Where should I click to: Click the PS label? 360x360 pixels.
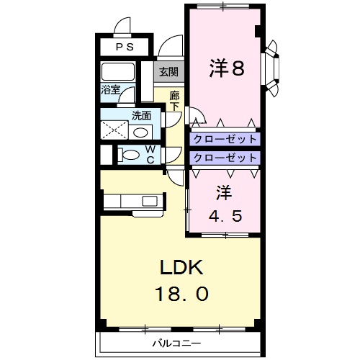(125, 47)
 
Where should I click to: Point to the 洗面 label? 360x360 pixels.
(141, 115)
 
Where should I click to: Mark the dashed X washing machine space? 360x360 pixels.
(114, 130)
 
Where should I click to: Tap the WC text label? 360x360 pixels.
(150, 154)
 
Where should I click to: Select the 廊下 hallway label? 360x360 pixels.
(174, 100)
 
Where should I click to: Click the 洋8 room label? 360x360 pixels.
(227, 68)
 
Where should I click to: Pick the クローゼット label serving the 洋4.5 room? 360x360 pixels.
(225, 157)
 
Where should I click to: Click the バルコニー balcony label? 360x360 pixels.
(176, 343)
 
